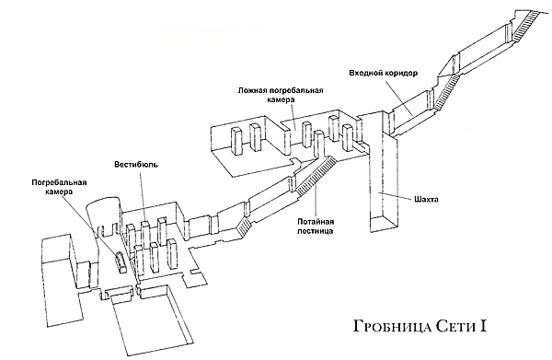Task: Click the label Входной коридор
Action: tap(383, 74)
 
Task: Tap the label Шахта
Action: tap(426, 200)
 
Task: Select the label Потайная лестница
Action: tap(316, 226)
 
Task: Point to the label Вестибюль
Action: tap(136, 165)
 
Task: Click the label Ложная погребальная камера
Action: tap(281, 95)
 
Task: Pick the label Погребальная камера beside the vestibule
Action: tap(59, 187)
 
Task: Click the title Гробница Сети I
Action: tap(420, 326)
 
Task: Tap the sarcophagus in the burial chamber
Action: tap(121, 262)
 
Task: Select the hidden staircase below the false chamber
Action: tap(316, 175)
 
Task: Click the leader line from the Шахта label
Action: tap(395, 195)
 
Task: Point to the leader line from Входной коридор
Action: tap(398, 97)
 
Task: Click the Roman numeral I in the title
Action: tap(483, 326)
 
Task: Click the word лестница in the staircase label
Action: tap(316, 231)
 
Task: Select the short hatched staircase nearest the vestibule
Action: tap(244, 226)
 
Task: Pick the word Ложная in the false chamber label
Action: tap(249, 90)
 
